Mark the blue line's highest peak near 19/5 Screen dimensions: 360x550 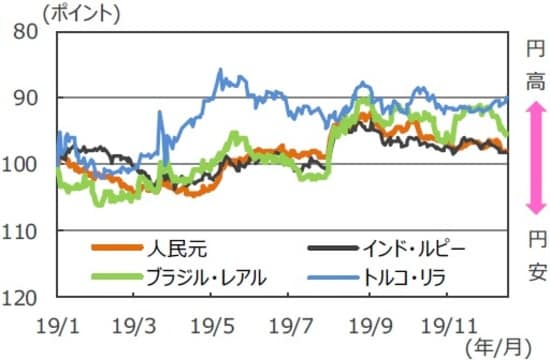220,70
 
